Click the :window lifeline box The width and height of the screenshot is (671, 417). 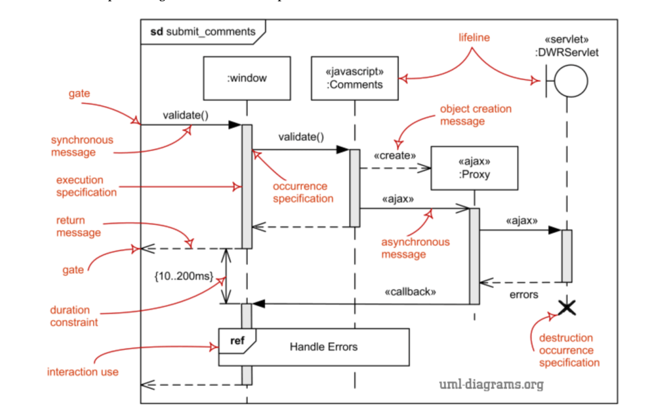pos(247,78)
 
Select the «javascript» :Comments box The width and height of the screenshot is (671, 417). pos(355,78)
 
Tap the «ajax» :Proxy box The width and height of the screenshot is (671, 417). pos(474,167)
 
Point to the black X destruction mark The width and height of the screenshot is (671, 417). pos(566,306)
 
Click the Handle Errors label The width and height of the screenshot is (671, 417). pos(324,346)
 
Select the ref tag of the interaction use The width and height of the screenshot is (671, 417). pos(236,340)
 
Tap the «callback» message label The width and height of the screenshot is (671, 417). pos(410,292)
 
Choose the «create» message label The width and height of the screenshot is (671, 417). pos(396,156)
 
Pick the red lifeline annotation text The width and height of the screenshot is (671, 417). pos(474,38)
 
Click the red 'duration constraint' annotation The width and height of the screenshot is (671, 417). pos(74,316)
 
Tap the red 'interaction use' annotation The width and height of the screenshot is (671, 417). pos(83,372)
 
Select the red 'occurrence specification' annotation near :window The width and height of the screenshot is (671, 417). pos(303,192)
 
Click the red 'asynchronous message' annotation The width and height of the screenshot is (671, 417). pos(416,248)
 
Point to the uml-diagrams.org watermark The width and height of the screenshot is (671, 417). pos(491,384)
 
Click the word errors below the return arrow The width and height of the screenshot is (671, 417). pos(523,295)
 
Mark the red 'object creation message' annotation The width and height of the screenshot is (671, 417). pos(476,115)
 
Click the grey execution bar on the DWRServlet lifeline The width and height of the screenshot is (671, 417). pos(567,256)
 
